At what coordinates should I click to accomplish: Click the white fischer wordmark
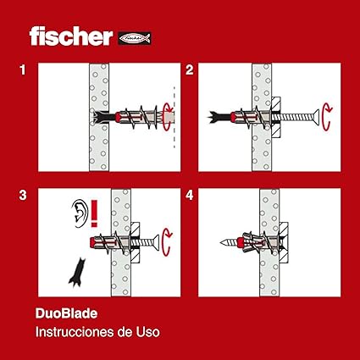tap(71, 36)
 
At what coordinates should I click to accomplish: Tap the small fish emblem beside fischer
tap(135, 38)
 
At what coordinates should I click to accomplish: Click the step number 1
tap(23, 70)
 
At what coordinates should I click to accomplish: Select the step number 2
tap(190, 70)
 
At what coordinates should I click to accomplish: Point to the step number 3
tap(23, 196)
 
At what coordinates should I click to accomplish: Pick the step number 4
tap(190, 196)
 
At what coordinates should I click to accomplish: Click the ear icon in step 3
tap(79, 213)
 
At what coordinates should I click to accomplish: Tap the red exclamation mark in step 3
tap(94, 213)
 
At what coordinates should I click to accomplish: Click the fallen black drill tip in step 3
tap(77, 273)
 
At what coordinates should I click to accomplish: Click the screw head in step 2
tap(316, 116)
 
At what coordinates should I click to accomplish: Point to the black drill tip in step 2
tap(218, 117)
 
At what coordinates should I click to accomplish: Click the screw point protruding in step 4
tap(228, 242)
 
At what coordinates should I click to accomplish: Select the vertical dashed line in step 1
tap(174, 117)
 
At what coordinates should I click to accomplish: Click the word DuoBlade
tap(66, 313)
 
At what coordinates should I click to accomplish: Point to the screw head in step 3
tap(156, 242)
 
